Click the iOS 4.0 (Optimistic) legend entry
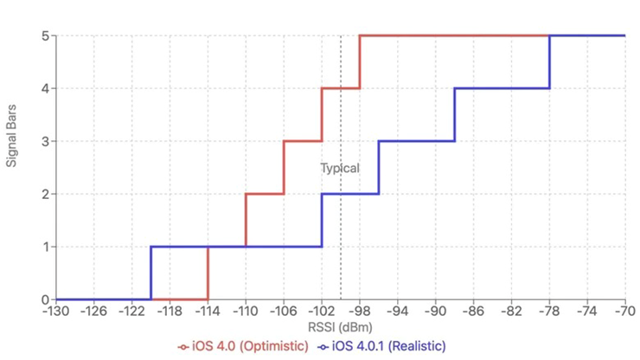(246, 346)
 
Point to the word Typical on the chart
(339, 168)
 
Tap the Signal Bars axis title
(13, 167)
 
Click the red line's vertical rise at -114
(208, 273)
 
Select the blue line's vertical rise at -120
(150, 273)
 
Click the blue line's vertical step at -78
(549, 61)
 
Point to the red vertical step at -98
(359, 61)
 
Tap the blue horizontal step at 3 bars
(416, 141)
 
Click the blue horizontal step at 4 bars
(502, 88)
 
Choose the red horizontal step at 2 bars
(264, 194)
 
